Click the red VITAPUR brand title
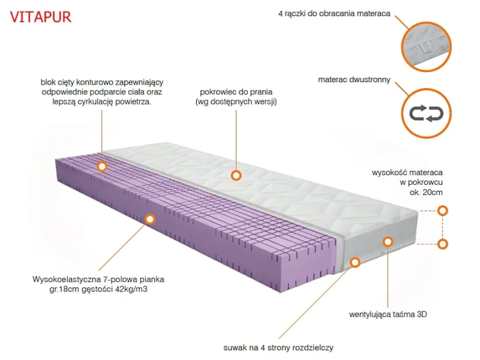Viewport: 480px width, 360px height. pos(41,17)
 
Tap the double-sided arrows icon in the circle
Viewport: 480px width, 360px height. pos(426,113)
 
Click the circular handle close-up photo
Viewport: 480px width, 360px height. pos(426,46)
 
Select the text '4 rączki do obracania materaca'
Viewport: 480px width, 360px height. pos(334,14)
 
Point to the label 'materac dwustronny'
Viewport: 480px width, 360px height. pos(354,80)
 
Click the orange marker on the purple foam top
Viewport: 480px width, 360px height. pos(101,167)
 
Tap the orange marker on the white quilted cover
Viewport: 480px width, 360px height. pos(236,175)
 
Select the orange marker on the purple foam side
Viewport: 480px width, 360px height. pos(149,219)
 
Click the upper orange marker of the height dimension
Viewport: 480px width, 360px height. pos(442,211)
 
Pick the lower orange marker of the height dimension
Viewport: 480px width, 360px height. pos(442,244)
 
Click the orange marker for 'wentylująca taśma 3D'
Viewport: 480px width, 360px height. pos(388,242)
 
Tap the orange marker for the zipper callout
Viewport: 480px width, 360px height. pos(355,262)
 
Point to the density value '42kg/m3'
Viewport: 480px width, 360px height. pos(131,289)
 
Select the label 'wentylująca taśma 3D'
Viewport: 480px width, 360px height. pos(388,314)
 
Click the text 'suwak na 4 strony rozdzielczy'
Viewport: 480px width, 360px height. pos(278,348)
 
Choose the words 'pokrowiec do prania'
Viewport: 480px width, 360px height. pos(236,92)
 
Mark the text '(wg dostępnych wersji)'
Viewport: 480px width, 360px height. pos(236,101)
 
